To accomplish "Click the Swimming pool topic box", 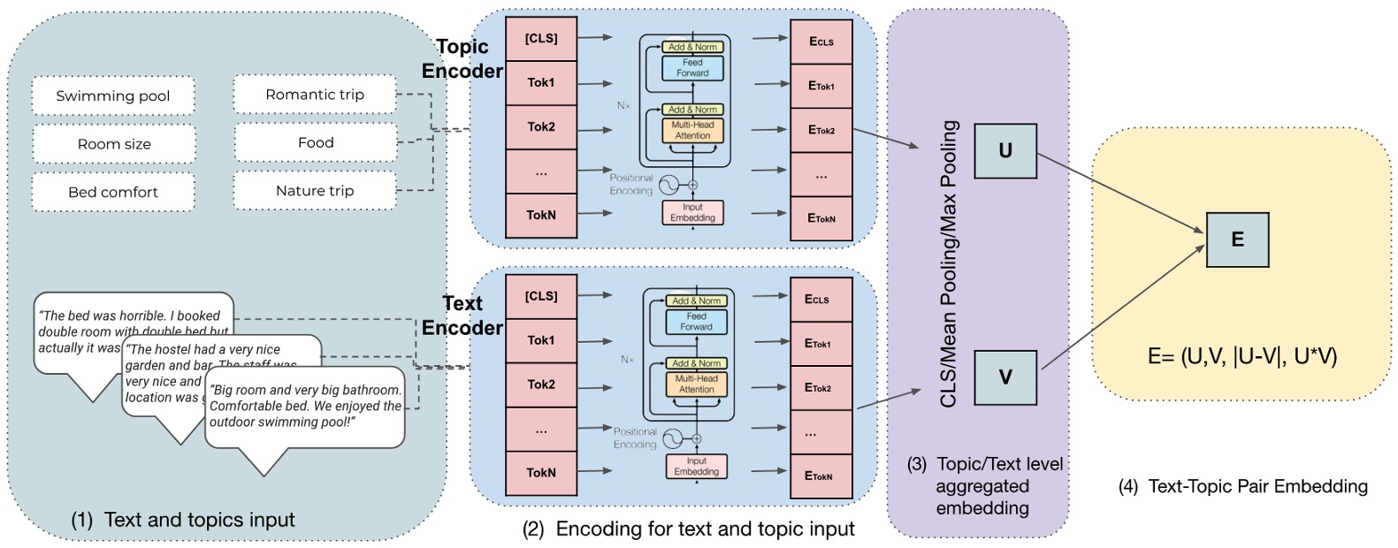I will coord(113,95).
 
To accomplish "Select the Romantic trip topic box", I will coord(315,95).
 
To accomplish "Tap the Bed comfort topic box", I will coord(113,192).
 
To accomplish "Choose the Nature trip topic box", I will coord(315,191).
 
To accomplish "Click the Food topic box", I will coord(315,142).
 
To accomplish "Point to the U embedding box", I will coord(1005,151).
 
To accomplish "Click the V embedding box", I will coord(1005,377).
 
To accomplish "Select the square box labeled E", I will coord(1236,240).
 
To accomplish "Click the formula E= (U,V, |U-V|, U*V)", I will coord(1241,356).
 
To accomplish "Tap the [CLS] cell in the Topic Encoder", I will coord(540,39).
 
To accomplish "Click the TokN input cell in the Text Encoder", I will coord(540,473).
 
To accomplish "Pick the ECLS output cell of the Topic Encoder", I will coord(821,42).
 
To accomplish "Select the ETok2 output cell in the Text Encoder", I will coord(818,388).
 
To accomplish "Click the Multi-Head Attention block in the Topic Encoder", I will coord(692,131).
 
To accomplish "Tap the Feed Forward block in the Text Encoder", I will coord(696,322).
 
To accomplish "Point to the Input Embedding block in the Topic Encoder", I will coord(692,212).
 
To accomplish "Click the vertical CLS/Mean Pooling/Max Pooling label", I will coord(949,263).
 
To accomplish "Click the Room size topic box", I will coord(113,144).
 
